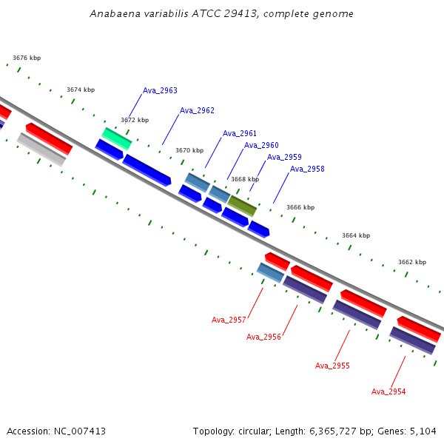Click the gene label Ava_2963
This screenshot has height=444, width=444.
pyautogui.click(x=160, y=90)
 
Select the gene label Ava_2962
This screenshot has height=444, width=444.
pyautogui.click(x=197, y=110)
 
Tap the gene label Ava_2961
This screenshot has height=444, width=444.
pyautogui.click(x=240, y=133)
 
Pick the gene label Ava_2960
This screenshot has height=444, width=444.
pyautogui.click(x=261, y=145)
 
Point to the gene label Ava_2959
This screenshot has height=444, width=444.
pyautogui.click(x=284, y=157)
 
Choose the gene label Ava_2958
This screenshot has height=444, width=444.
pyautogui.click(x=307, y=169)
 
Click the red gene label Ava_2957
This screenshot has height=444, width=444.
pyautogui.click(x=229, y=320)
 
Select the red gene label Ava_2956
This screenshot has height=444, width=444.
pyautogui.click(x=263, y=337)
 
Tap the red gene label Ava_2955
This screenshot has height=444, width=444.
pyautogui.click(x=332, y=366)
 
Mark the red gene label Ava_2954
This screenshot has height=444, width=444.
pyautogui.click(x=388, y=391)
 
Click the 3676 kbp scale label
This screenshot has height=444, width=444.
pyautogui.click(x=27, y=58)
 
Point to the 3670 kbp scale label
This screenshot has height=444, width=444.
pyautogui.click(x=189, y=150)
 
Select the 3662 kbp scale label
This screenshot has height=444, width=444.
pyautogui.click(x=412, y=262)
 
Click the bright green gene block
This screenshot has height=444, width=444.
pyautogui.click(x=117, y=139)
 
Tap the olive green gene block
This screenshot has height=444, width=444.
pyautogui.click(x=242, y=206)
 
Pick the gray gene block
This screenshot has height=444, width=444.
pyautogui.click(x=41, y=149)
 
